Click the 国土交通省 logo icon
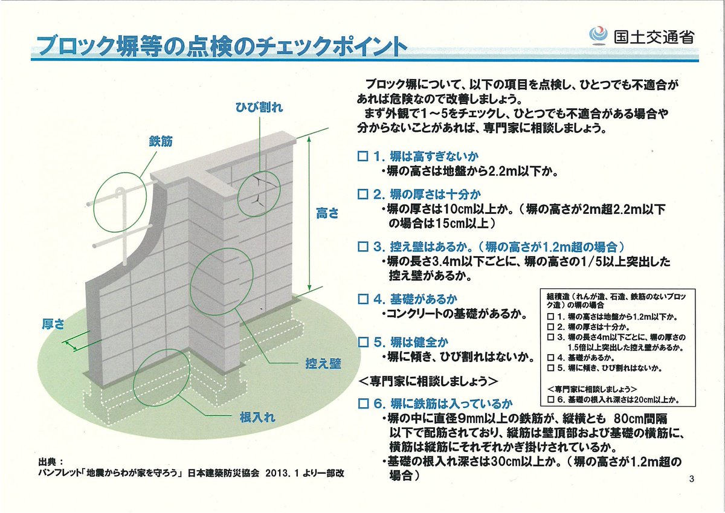coord(599,34)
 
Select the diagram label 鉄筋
coord(161,141)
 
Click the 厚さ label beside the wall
coord(53,324)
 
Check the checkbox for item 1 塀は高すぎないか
coord(362,156)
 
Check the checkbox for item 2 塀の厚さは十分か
coord(362,195)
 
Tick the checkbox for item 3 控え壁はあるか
coord(362,247)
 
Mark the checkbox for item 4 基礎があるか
coord(362,299)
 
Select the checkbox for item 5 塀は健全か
coord(362,342)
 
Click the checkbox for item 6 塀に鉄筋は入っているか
coord(362,403)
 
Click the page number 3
coord(691,479)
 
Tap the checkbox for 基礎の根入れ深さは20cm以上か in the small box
coord(550,399)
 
